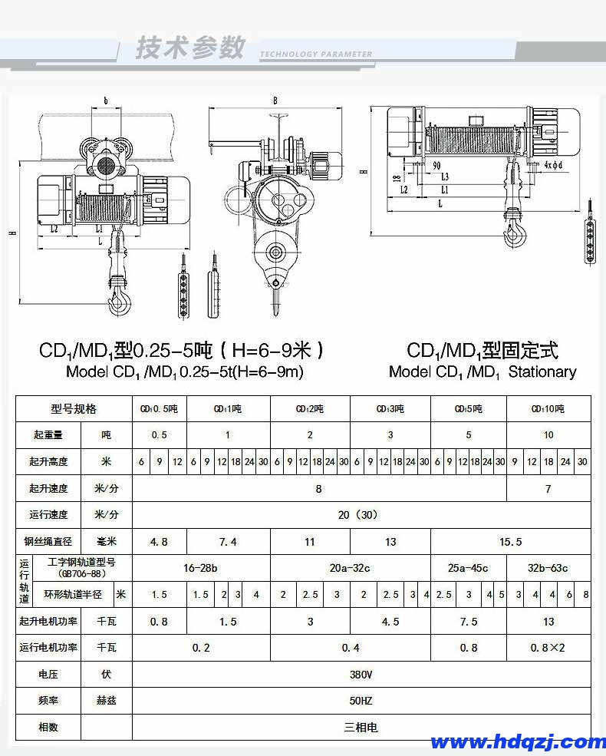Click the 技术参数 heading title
pyautogui.click(x=189, y=48)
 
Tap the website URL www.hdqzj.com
pyautogui.click(x=518, y=741)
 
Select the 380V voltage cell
pyautogui.click(x=361, y=675)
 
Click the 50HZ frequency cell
pyautogui.click(x=361, y=701)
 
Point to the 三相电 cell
pyautogui.click(x=361, y=727)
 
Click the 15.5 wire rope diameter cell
pyautogui.click(x=510, y=542)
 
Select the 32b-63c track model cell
pyautogui.click(x=548, y=569)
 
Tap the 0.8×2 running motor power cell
pyautogui.click(x=548, y=648)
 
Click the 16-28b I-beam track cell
pyautogui.click(x=200, y=569)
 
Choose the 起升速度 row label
pyautogui.click(x=48, y=488)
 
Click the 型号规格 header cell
pyautogui.click(x=74, y=408)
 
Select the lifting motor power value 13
pyautogui.click(x=548, y=622)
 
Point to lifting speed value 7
pyautogui.click(x=548, y=488)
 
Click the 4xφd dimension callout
pyautogui.click(x=553, y=165)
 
